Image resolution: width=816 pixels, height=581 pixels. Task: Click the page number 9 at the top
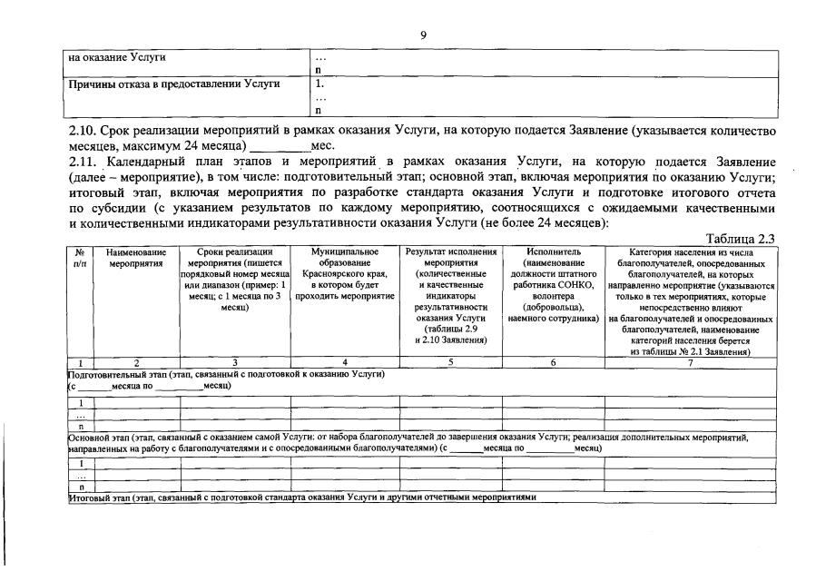tap(422, 34)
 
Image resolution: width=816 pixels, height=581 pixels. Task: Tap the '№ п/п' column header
tap(80, 256)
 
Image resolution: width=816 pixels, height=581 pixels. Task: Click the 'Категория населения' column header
tap(691, 300)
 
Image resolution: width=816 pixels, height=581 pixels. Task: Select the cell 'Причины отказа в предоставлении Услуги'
tap(174, 84)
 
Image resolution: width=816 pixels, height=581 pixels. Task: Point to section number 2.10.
tap(83, 132)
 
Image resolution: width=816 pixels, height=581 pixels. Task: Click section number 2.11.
tap(83, 162)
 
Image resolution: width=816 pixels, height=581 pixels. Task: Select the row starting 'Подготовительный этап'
tap(227, 374)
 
